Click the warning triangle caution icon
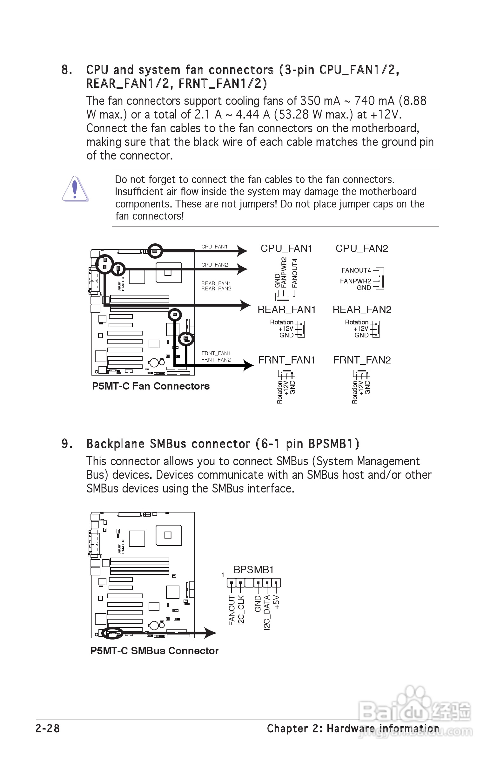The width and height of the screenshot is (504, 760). coord(75,189)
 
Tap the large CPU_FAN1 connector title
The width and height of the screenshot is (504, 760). coord(286,248)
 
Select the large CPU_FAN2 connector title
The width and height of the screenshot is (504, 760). coord(362,248)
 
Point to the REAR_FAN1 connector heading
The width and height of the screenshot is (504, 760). coord(286,309)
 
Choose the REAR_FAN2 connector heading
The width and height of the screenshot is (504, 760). coord(362,309)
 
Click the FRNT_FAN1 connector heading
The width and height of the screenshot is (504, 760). coord(286,360)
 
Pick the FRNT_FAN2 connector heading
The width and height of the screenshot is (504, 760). coord(362,360)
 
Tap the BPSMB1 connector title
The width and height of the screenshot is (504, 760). coord(253,570)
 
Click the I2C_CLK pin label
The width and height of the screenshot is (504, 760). coord(241,610)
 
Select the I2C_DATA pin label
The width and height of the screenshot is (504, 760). coord(267,612)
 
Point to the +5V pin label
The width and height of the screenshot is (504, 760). coord(276,602)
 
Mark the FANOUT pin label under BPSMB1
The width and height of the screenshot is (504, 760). coord(232,610)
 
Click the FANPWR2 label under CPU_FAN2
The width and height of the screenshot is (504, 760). coord(355,281)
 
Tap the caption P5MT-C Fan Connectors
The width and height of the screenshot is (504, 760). coord(151,386)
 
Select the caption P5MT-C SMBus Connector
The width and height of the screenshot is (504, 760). coord(154,651)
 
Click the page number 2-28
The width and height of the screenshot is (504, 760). coord(48,729)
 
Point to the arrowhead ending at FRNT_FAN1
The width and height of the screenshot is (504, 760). coord(248,365)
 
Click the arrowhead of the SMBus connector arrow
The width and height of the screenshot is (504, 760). coord(211,633)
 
